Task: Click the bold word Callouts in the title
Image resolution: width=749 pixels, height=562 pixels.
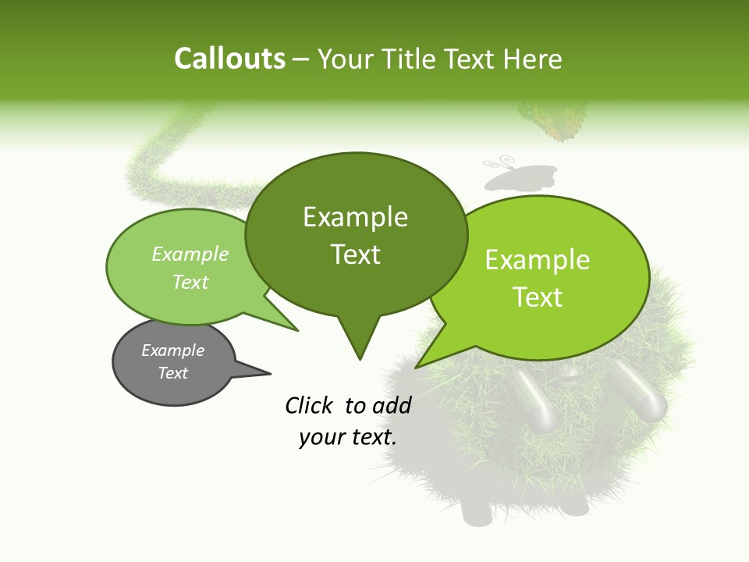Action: point(229,59)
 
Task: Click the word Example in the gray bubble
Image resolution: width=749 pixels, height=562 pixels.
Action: point(172,350)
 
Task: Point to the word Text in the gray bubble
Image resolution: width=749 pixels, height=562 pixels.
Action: point(172,373)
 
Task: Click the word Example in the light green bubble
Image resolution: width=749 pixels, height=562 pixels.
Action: point(190,254)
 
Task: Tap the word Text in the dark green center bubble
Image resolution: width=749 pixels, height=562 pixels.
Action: point(356,254)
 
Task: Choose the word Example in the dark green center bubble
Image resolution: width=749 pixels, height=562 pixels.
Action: point(356,217)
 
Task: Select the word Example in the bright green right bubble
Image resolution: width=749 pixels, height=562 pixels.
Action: point(538,260)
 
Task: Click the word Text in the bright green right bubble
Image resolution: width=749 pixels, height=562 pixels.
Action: point(538,297)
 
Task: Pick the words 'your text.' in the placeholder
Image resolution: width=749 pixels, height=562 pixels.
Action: point(348,437)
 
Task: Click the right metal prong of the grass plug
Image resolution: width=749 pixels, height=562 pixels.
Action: point(648,397)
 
